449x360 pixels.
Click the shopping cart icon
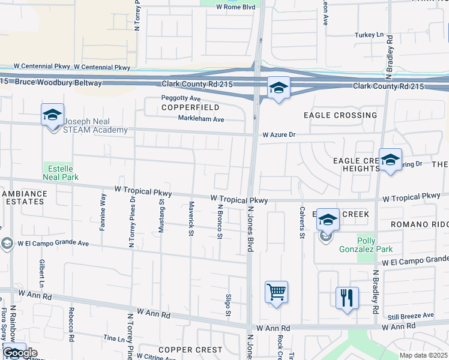(276, 292)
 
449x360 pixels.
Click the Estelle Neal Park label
(60, 172)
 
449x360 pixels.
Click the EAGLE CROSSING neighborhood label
(340, 115)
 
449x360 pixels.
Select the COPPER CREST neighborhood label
(190, 349)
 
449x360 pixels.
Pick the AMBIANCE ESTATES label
(23, 197)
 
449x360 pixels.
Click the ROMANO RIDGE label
(419, 224)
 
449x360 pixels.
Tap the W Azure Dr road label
(279, 135)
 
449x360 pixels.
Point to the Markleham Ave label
(200, 119)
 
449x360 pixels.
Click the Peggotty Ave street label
(180, 98)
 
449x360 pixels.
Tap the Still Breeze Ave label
(411, 315)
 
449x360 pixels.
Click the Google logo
(20, 353)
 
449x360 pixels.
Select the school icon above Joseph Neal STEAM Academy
(52, 114)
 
